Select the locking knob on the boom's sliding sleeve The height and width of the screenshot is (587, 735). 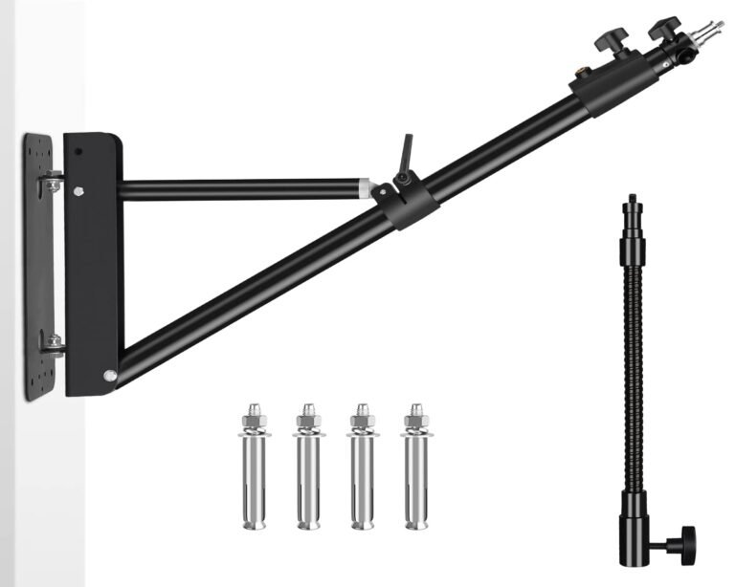(x=607, y=40)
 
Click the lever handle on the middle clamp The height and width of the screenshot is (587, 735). (x=407, y=151)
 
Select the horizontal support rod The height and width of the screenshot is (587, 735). (x=239, y=189)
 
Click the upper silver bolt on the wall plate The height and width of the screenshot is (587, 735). (x=53, y=182)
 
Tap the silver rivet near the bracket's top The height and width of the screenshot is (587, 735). (x=79, y=189)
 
